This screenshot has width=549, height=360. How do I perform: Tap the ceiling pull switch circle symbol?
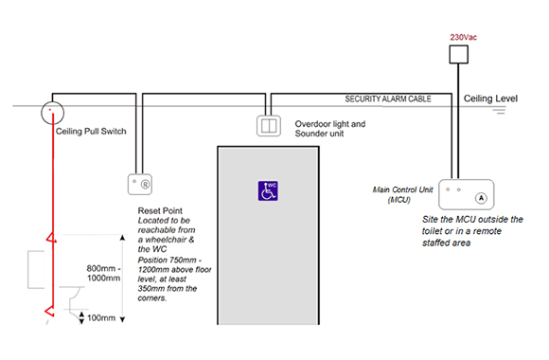(51, 113)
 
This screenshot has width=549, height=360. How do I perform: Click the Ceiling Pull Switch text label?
(91, 131)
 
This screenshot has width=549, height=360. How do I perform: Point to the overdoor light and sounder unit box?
(271, 125)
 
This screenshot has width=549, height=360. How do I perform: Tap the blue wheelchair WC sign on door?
(269, 190)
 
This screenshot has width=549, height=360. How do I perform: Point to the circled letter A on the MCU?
(481, 198)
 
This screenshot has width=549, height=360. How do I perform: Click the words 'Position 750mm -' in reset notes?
(165, 259)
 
